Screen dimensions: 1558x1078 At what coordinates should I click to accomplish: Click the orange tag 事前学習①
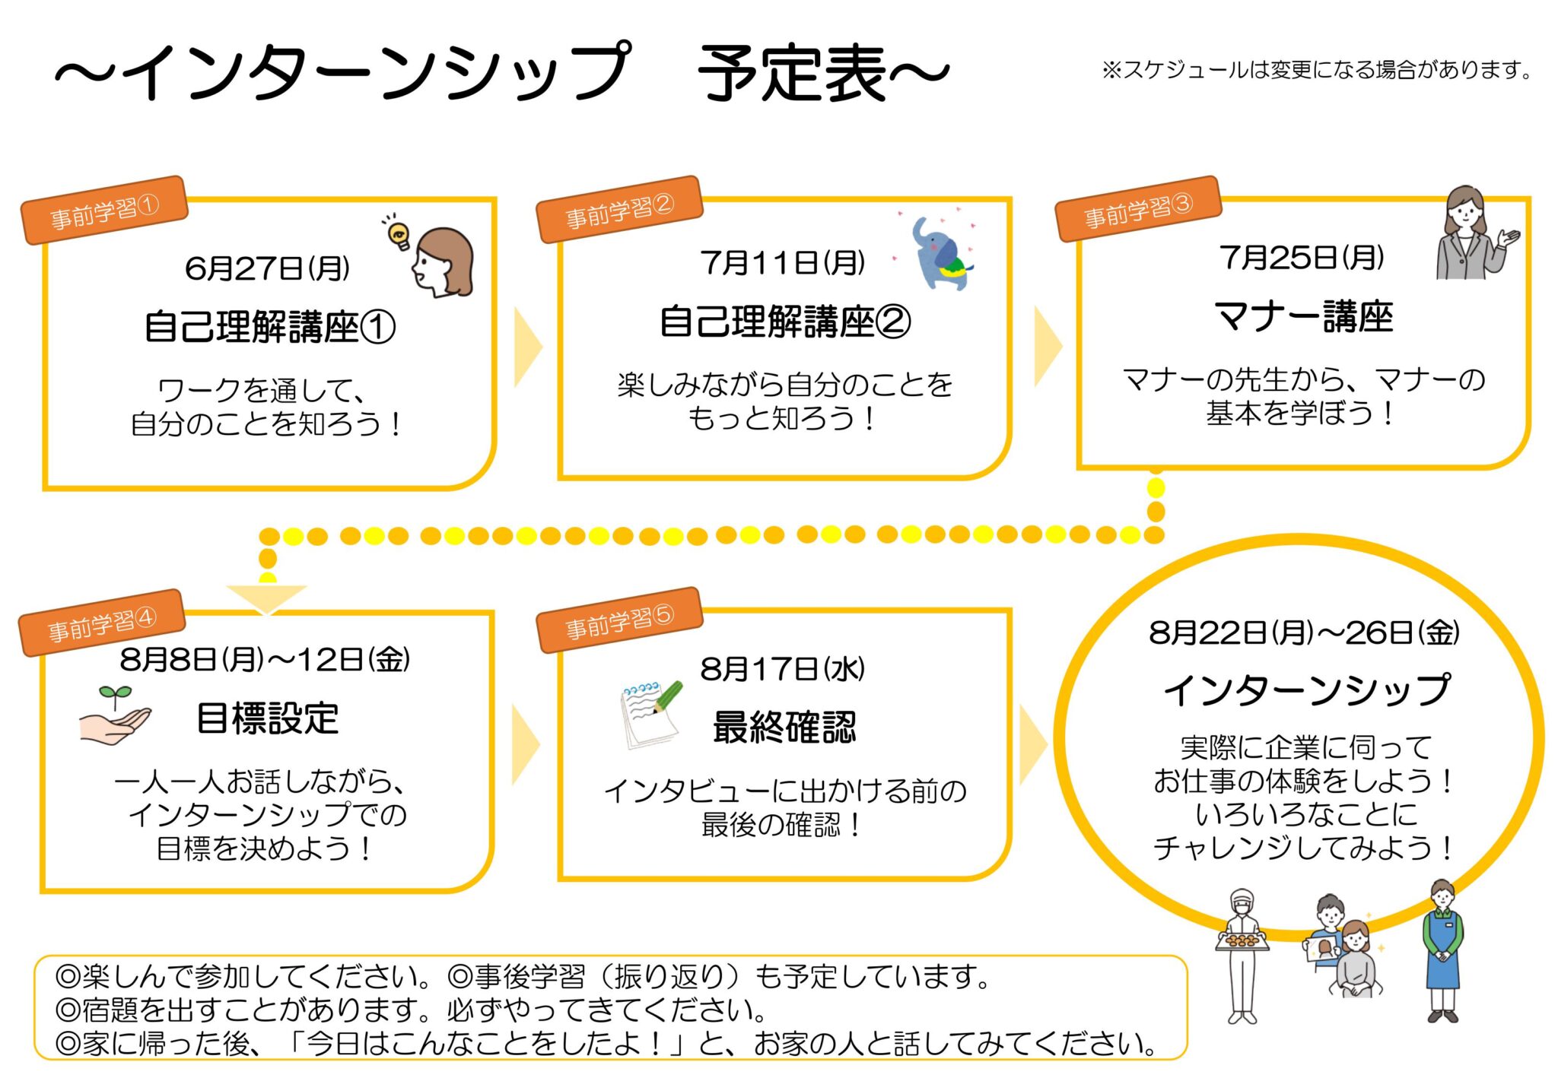(x=104, y=211)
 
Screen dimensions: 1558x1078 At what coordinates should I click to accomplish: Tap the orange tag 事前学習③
(x=1138, y=209)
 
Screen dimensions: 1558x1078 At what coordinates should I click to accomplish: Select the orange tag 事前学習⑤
(x=619, y=620)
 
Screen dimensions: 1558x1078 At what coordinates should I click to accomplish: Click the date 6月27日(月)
(x=267, y=268)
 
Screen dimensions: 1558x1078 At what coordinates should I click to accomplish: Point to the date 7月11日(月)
(x=783, y=263)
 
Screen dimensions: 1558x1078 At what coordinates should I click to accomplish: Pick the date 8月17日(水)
(x=783, y=669)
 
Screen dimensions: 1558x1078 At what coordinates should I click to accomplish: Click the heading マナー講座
(x=1303, y=316)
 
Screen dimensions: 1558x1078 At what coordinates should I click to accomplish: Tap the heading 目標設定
(x=267, y=718)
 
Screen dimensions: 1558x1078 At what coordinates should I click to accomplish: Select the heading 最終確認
(x=784, y=727)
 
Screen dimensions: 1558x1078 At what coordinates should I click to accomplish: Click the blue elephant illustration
(x=940, y=252)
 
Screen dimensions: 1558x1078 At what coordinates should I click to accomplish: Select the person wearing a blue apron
(x=1442, y=951)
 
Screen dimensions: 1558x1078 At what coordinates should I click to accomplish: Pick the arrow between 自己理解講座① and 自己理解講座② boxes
(x=527, y=347)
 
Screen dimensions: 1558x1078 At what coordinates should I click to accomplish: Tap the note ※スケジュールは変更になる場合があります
(x=1316, y=71)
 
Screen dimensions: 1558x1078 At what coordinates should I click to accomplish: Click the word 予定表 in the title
(x=793, y=74)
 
